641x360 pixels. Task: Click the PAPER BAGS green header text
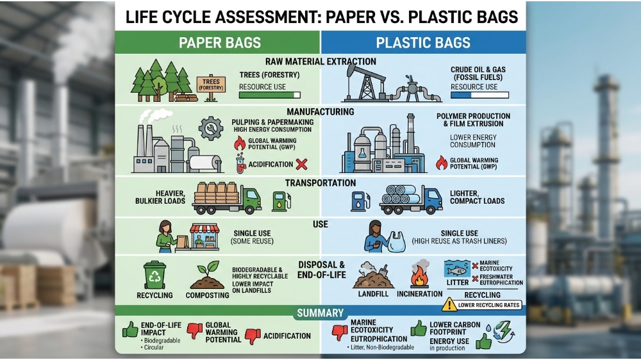click(x=219, y=43)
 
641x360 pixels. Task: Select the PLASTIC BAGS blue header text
click(x=423, y=43)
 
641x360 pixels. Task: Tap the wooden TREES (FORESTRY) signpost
click(x=211, y=88)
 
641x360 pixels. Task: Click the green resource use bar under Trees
click(x=269, y=95)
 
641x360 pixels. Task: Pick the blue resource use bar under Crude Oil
click(x=479, y=95)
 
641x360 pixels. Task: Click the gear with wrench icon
click(x=211, y=129)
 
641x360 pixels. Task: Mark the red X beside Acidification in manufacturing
click(x=301, y=164)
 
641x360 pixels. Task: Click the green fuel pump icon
click(x=281, y=201)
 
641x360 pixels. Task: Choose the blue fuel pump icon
click(x=360, y=201)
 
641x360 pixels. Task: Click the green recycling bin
click(x=155, y=275)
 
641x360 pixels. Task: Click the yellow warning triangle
click(x=449, y=304)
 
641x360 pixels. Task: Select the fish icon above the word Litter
click(x=457, y=270)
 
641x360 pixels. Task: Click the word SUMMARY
click(x=320, y=313)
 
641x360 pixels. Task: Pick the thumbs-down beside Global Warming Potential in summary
click(x=195, y=331)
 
